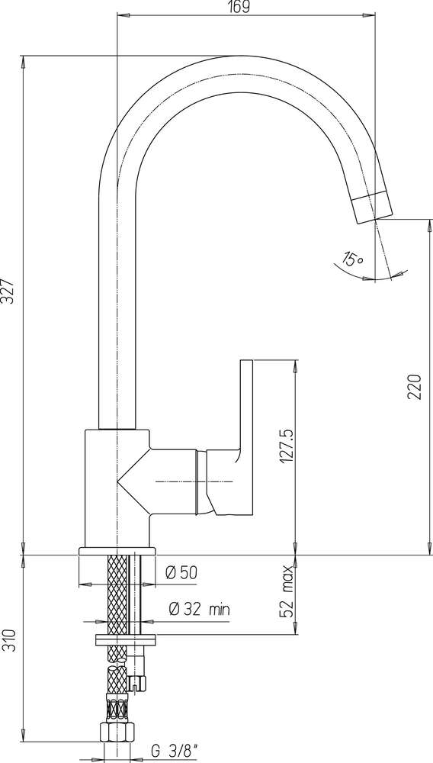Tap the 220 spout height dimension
tap(414, 386)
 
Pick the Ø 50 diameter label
tap(181, 573)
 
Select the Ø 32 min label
tap(199, 609)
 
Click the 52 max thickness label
tap(287, 591)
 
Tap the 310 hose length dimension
tap(11, 642)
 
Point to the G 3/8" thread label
tap(175, 752)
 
